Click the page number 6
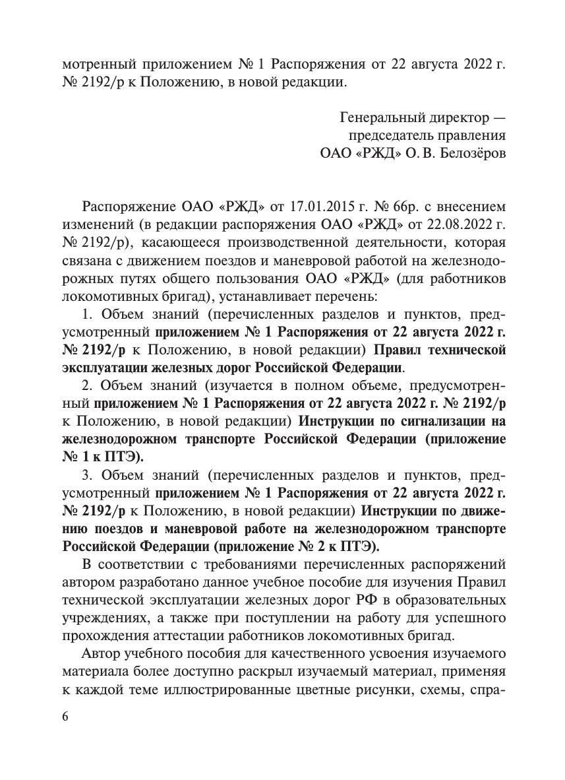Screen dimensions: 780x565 [x=66, y=718]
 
